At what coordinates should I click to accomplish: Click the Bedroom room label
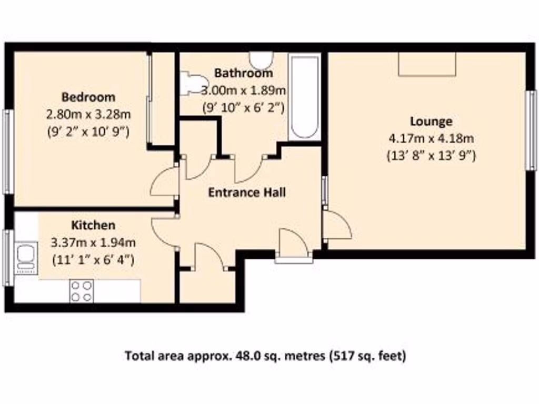(88, 97)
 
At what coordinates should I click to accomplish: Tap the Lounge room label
(431, 122)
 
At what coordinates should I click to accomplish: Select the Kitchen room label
(93, 225)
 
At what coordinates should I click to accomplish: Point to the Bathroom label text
(244, 73)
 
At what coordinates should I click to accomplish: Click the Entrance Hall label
(247, 193)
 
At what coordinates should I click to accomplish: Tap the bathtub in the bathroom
(304, 97)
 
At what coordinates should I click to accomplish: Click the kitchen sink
(24, 257)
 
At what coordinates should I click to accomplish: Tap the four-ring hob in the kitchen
(82, 291)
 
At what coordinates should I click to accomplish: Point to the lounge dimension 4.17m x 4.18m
(431, 139)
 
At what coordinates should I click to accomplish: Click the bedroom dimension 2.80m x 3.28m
(88, 114)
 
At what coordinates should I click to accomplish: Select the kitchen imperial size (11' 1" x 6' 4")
(93, 259)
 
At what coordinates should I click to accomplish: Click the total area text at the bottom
(265, 356)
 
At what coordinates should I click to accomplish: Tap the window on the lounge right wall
(531, 130)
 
